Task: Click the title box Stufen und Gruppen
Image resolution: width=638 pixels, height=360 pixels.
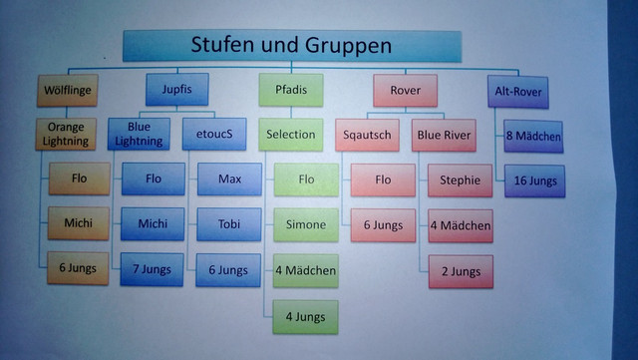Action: tap(291, 46)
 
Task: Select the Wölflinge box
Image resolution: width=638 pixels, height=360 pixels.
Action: tap(68, 91)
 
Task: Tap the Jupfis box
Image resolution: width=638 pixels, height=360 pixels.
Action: tap(176, 91)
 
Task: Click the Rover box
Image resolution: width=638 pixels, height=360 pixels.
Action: tap(406, 91)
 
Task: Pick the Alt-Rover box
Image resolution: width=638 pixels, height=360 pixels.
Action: tap(518, 91)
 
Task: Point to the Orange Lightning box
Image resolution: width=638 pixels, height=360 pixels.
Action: tap(68, 134)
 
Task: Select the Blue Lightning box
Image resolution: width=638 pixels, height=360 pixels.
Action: tap(139, 134)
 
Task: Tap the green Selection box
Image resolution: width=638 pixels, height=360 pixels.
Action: tap(291, 134)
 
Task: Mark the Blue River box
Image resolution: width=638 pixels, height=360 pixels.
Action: tap(447, 134)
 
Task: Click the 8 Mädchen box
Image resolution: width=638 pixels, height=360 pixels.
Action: tap(532, 136)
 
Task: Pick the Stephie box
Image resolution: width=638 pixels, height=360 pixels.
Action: tap(460, 180)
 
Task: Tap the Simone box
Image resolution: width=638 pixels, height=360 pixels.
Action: tap(305, 225)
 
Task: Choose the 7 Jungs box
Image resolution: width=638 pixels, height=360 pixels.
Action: tap(153, 270)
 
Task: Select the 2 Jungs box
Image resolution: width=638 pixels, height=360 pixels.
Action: tap(460, 271)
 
